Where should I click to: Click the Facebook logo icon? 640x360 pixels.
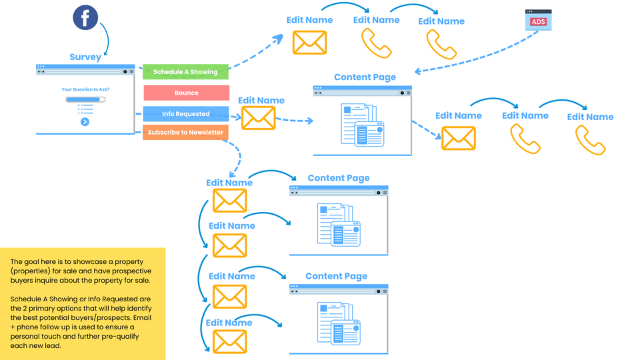[x=85, y=18]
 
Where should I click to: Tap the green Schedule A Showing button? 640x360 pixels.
[x=186, y=72]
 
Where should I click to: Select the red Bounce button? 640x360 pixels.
[x=186, y=93]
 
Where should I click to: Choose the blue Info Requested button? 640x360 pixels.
[x=186, y=114]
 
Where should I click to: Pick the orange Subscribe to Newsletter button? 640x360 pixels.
[x=186, y=133]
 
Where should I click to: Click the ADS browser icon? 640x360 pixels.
[x=538, y=21]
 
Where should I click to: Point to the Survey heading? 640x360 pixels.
[x=85, y=57]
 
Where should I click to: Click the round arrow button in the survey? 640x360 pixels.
[x=85, y=122]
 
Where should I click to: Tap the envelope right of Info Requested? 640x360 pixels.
[x=258, y=118]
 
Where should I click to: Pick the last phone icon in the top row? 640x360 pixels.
[x=441, y=44]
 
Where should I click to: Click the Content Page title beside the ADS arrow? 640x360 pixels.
[x=365, y=77]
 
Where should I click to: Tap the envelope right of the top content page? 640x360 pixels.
[x=459, y=138]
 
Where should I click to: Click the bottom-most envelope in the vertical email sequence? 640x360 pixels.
[x=229, y=341]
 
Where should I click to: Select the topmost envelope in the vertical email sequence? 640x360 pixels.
[x=229, y=201]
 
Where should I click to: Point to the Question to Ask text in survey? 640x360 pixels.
[x=85, y=89]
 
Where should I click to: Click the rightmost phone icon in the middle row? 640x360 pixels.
[x=590, y=140]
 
